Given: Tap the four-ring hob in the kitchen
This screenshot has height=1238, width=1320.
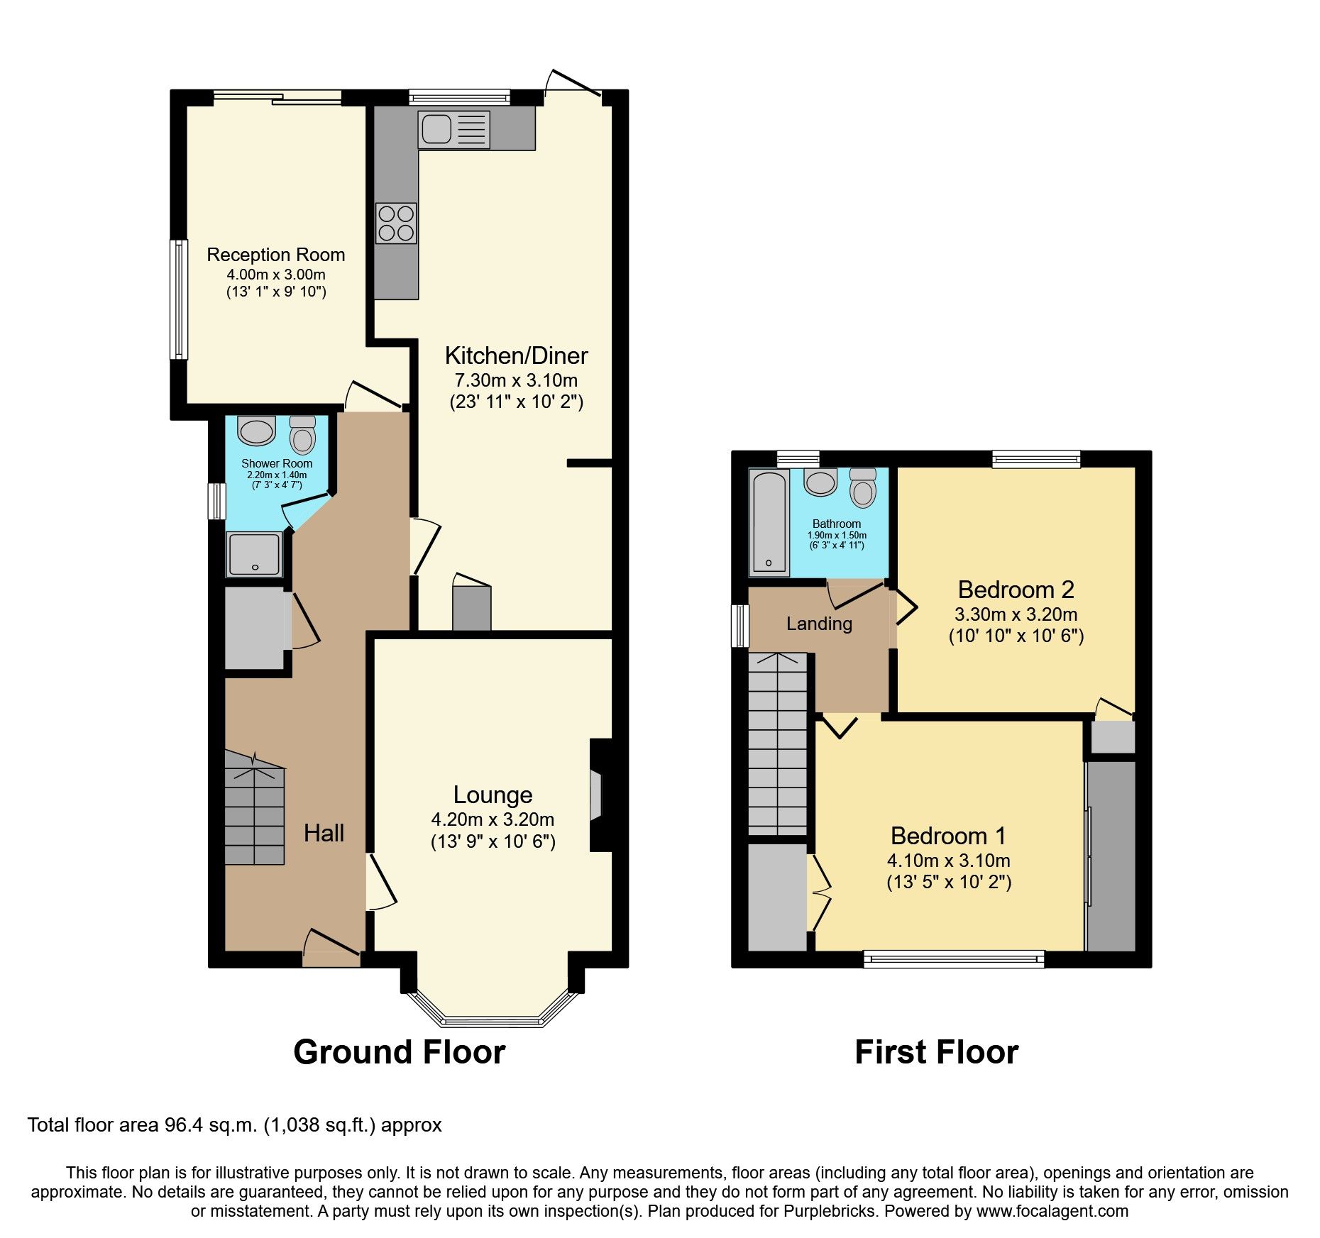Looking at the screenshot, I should tap(397, 223).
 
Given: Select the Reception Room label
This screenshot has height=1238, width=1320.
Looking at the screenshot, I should tap(275, 255).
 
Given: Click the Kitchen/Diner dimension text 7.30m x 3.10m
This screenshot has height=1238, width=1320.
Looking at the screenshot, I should tap(516, 380).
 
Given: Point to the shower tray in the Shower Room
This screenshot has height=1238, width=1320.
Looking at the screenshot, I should tap(254, 554).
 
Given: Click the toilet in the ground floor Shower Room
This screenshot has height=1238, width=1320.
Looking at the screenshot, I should tap(302, 435).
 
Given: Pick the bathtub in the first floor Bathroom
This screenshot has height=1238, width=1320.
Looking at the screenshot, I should tap(769, 522).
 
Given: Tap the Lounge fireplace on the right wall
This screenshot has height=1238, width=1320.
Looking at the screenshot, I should tap(597, 795).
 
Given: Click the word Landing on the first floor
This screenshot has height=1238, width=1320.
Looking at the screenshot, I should tap(819, 624).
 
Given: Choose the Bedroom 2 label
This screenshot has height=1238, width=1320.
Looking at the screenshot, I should tap(1016, 590).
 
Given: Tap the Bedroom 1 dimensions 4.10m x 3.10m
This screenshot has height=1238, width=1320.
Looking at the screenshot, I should tap(948, 861).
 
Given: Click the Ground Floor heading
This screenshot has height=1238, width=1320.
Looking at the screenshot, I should tap(399, 1052).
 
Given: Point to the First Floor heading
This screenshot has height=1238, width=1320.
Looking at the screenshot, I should tap(936, 1052).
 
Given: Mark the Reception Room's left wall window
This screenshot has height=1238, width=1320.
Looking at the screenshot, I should tap(179, 299).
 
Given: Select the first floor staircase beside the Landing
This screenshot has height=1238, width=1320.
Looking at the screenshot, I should tap(778, 745).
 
